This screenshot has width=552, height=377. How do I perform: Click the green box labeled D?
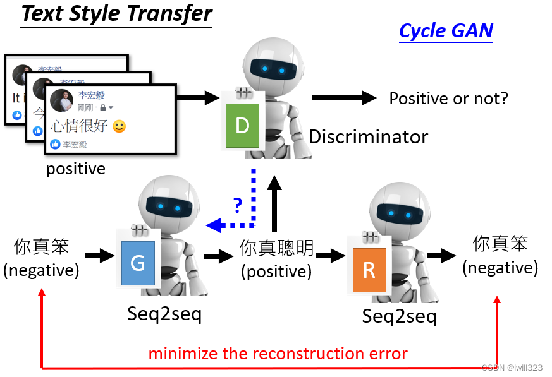pyautogui.click(x=242, y=126)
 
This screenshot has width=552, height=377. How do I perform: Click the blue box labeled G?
pyautogui.click(x=138, y=263)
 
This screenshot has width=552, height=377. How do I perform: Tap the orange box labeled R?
pyautogui.click(x=369, y=270)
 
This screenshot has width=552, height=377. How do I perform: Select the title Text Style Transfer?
pyautogui.click(x=117, y=13)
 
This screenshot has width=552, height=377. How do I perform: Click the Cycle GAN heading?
pyautogui.click(x=446, y=30)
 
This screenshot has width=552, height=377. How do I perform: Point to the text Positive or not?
pyautogui.click(x=448, y=99)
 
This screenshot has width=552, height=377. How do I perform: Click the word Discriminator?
pyautogui.click(x=368, y=136)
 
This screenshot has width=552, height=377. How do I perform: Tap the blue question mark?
pyautogui.click(x=237, y=204)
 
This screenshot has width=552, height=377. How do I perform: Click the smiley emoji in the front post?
pyautogui.click(x=119, y=126)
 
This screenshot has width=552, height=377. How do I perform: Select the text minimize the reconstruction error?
pyautogui.click(x=278, y=354)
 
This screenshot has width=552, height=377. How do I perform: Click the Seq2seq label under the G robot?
pyautogui.click(x=164, y=313)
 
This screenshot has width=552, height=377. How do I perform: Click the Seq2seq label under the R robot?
pyautogui.click(x=399, y=316)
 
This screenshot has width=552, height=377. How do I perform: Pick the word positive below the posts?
pyautogui.click(x=75, y=169)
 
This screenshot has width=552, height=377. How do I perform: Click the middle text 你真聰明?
pyautogui.click(x=276, y=248)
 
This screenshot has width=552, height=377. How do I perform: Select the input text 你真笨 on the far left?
pyautogui.click(x=41, y=246)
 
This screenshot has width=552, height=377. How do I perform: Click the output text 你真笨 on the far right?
pyautogui.click(x=500, y=243)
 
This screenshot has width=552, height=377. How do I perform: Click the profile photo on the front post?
pyautogui.click(x=62, y=100)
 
